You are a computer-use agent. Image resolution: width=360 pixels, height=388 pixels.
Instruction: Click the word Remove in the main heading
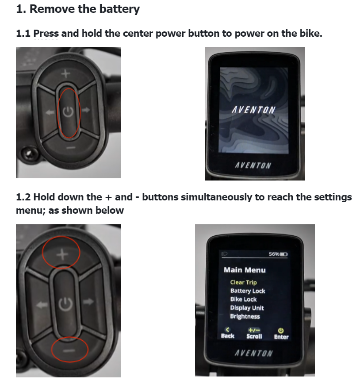click(53, 9)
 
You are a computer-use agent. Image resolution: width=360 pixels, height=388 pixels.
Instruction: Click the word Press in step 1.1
click(46, 33)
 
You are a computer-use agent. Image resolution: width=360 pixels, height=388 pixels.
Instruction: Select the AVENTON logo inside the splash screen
click(254, 110)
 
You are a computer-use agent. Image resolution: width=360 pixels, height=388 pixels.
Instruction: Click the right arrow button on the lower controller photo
click(88, 302)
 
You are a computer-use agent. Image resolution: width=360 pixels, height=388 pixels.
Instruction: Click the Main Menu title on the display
click(245, 270)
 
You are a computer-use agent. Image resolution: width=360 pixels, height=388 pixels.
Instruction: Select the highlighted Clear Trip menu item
click(243, 282)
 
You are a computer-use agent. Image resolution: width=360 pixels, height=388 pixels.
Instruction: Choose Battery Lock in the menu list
click(248, 291)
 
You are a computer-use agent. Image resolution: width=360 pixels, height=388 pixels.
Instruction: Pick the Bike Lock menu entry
click(243, 300)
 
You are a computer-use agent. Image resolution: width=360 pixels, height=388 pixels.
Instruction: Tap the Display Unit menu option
click(247, 308)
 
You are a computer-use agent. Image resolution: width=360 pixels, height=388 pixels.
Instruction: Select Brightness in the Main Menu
click(245, 317)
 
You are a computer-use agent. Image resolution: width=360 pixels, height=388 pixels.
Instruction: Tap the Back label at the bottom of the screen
click(227, 336)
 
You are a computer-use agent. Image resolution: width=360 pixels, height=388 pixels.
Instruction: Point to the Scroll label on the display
click(254, 336)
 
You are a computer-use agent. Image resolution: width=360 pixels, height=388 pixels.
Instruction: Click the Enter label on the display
click(281, 337)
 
